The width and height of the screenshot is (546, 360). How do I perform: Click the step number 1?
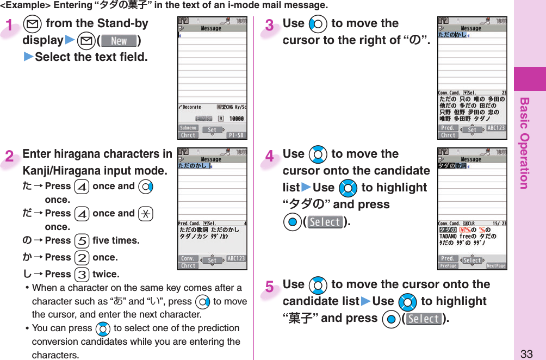coord(9,26)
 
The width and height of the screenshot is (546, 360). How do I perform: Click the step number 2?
coord(9,157)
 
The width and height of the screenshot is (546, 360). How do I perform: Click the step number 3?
coord(270,26)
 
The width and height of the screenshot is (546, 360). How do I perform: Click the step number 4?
coord(270,157)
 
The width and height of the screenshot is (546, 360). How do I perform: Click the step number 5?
coord(270,287)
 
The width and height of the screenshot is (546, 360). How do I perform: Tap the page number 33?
coord(526,353)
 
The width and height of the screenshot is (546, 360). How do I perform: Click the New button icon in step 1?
coord(119,41)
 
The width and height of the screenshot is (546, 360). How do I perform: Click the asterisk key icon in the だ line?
coord(145,214)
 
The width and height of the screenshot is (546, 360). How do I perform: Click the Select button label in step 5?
coord(424,319)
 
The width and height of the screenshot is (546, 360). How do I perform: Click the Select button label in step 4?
coord(325,222)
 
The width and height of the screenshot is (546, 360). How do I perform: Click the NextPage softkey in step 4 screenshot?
coord(495,266)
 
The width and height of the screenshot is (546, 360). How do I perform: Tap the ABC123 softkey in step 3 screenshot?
coord(495,128)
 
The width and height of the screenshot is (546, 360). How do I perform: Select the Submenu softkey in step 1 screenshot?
coord(188,128)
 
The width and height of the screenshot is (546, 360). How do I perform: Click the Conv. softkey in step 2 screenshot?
coord(188,259)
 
